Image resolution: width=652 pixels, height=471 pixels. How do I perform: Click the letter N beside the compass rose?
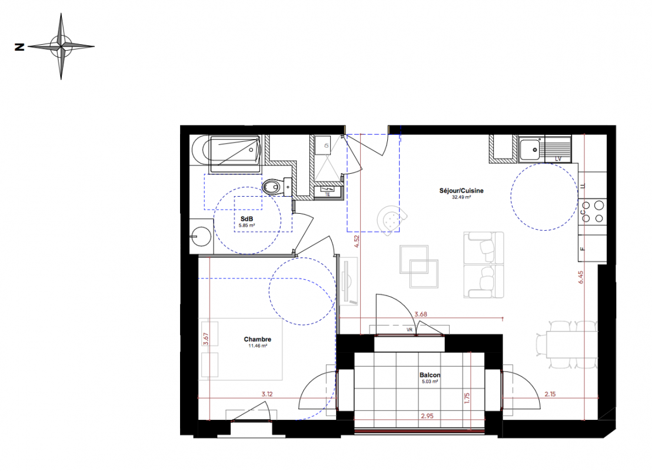pyautogui.click(x=19, y=47)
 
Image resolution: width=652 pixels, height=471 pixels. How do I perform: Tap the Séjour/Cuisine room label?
pyautogui.click(x=461, y=191)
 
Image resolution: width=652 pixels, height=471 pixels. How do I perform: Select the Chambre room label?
pyautogui.click(x=257, y=339)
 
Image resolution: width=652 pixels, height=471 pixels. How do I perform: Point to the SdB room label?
pyautogui.click(x=247, y=219)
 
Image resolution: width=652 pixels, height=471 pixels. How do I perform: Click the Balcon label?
pyautogui.click(x=430, y=375)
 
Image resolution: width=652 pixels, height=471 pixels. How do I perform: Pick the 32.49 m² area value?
pyautogui.click(x=461, y=197)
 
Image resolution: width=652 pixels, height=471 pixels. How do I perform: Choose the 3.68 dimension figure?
pyautogui.click(x=421, y=314)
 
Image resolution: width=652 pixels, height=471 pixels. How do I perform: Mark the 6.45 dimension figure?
pyautogui.click(x=581, y=277)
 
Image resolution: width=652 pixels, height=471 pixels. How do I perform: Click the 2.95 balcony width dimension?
pyautogui.click(x=427, y=416)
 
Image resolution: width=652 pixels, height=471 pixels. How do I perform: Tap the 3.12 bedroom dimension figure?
pyautogui.click(x=267, y=394)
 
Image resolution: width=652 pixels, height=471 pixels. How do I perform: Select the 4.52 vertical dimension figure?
pyautogui.click(x=357, y=242)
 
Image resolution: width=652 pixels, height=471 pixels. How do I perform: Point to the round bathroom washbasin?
pyautogui.click(x=201, y=237)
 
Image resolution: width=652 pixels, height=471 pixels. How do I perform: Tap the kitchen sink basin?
pyautogui.click(x=530, y=150)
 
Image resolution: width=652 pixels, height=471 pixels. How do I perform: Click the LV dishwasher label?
pyautogui.click(x=558, y=158)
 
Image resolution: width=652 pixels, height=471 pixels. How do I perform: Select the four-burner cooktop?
pyautogui.click(x=592, y=212)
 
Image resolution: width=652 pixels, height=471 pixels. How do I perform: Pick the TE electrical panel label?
pyautogui.click(x=327, y=194)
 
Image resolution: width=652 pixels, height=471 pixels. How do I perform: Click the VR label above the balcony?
pyautogui.click(x=410, y=330)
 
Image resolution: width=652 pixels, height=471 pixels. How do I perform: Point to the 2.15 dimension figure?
pyautogui.click(x=550, y=394)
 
